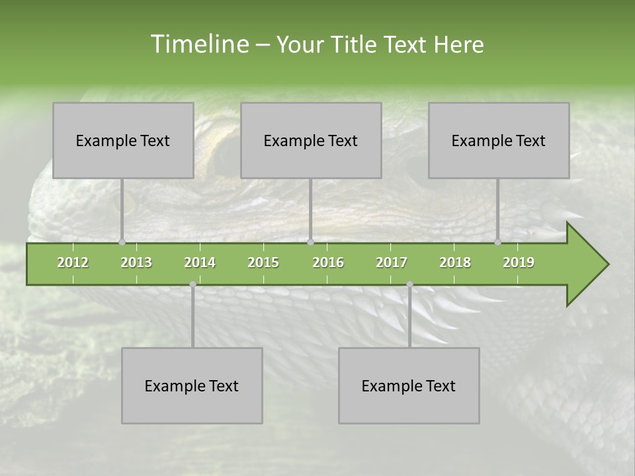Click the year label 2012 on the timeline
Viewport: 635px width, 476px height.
(73, 262)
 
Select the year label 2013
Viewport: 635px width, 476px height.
(136, 262)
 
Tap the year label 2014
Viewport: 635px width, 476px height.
(200, 262)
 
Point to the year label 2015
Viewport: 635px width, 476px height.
(263, 262)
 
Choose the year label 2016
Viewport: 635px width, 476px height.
(328, 262)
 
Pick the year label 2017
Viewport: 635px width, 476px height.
(392, 262)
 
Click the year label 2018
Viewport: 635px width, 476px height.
(455, 262)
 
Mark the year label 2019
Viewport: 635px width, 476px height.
(519, 262)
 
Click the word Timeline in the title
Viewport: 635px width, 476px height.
(198, 44)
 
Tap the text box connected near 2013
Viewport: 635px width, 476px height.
(123, 140)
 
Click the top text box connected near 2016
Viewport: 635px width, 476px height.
(311, 140)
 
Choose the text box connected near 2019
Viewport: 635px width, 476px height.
(499, 140)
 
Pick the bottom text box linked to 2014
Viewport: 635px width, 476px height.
(192, 385)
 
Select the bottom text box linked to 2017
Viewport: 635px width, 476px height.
(409, 385)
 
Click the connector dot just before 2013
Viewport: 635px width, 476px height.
(122, 242)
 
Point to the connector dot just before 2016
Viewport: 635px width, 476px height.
(310, 242)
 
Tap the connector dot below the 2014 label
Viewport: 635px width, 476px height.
(192, 284)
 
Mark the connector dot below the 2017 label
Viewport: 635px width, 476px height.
(409, 284)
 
